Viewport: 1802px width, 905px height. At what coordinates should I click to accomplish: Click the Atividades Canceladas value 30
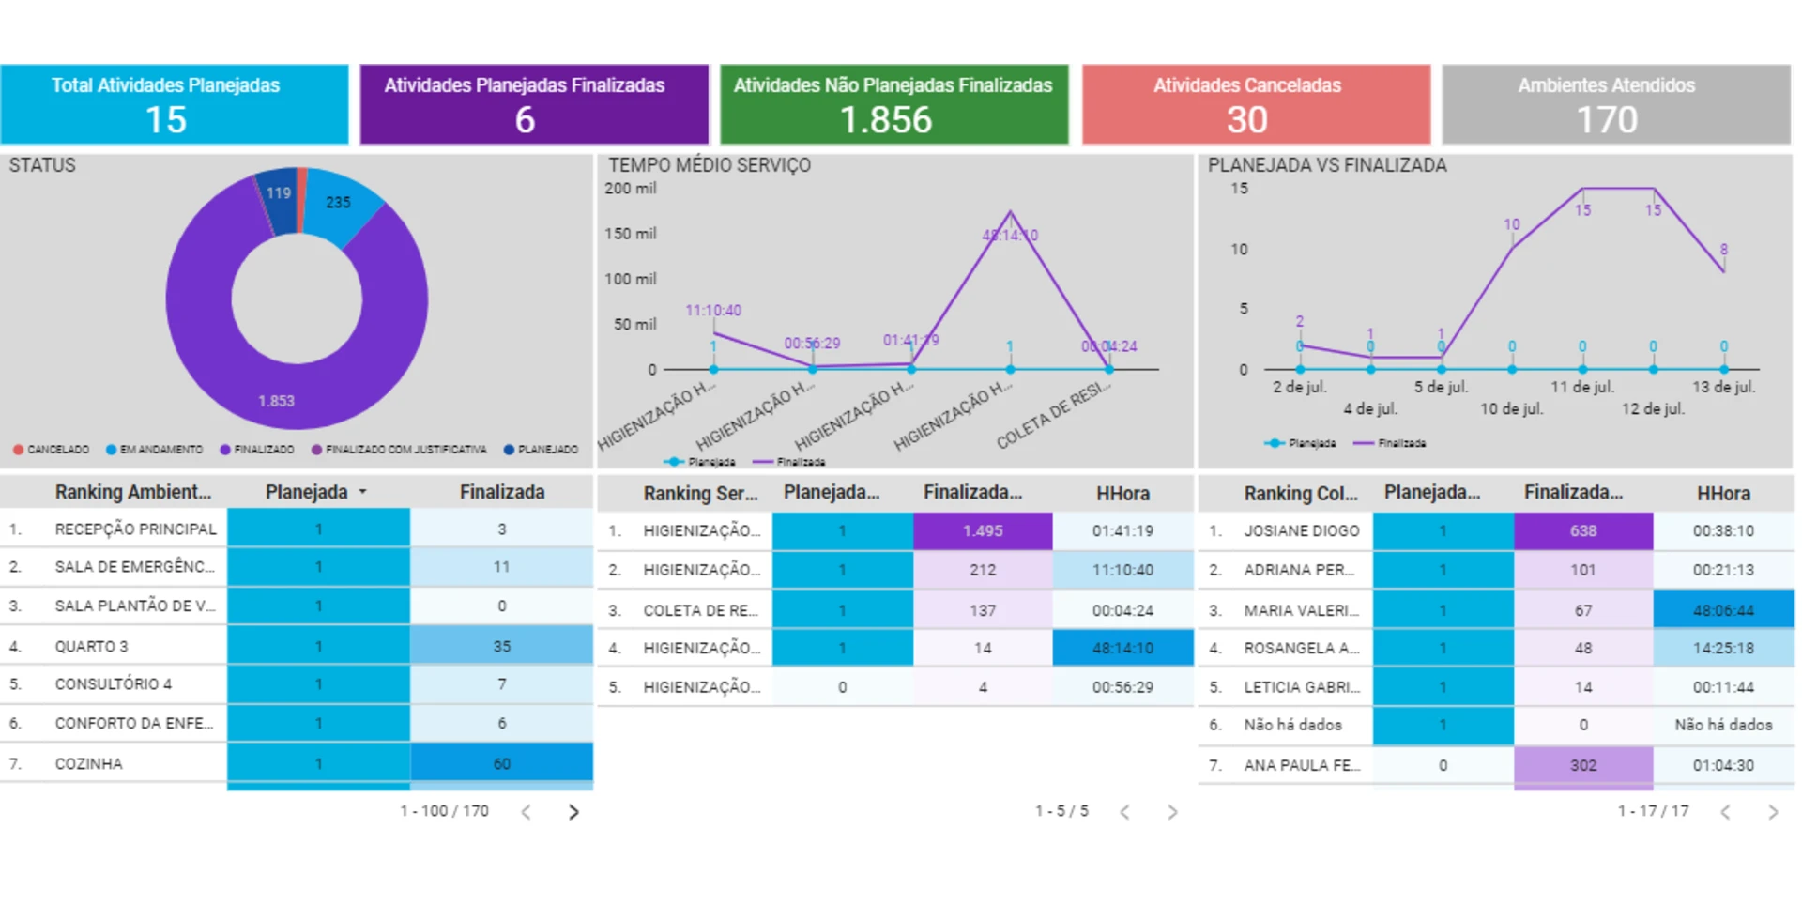coord(1246,120)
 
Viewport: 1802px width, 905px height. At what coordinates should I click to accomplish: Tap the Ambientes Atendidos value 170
coord(1607,120)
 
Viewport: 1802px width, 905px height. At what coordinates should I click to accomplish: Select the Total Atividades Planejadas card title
coord(165,85)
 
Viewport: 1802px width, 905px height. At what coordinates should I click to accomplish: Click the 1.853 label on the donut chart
coord(276,401)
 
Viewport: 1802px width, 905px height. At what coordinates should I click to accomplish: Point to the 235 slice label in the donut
coord(338,202)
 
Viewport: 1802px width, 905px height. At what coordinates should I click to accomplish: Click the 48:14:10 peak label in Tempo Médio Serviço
coord(1010,236)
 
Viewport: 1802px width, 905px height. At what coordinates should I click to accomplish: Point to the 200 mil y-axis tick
coord(631,189)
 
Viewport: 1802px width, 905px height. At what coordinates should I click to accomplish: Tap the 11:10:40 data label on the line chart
coord(713,311)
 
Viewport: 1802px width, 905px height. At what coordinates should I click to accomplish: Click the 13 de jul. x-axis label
coord(1723,387)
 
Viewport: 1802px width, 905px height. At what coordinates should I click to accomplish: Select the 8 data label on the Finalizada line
coord(1724,250)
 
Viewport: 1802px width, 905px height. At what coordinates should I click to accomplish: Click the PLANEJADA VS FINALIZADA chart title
coord(1327,165)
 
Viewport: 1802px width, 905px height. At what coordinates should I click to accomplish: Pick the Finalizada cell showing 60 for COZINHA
coord(502,763)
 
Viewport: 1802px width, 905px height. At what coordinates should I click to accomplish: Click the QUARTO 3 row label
coord(91,646)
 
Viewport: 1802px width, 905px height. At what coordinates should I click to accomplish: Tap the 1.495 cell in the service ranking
coord(983,530)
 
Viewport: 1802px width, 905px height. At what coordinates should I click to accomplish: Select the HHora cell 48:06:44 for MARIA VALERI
coord(1723,610)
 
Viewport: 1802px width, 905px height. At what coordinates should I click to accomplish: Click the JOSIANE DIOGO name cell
coord(1301,530)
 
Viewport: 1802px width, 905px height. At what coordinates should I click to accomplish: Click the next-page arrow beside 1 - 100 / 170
coord(573,812)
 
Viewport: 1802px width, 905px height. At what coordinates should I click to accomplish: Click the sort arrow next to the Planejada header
coord(362,492)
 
